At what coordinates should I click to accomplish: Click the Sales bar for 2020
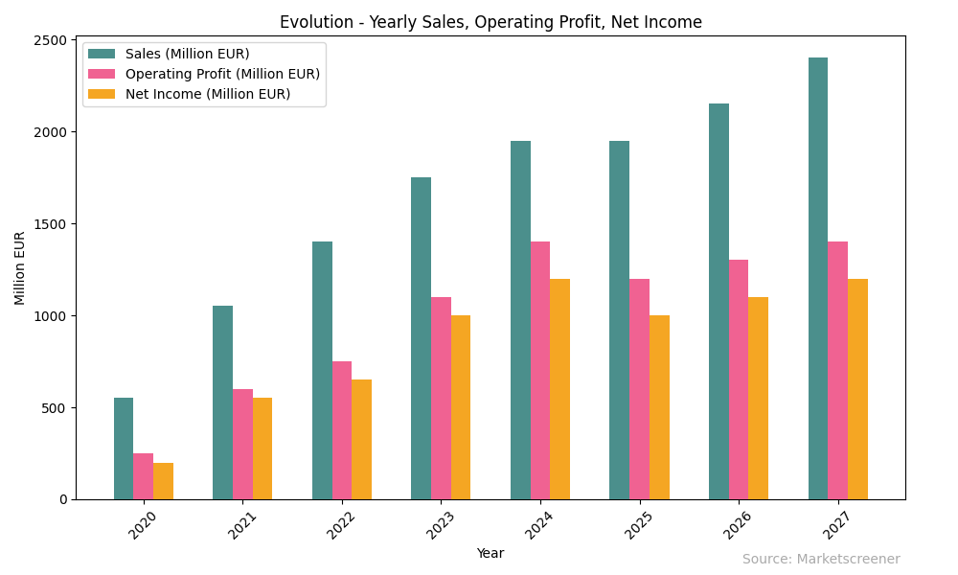click(124, 448)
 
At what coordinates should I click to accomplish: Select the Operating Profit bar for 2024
click(540, 371)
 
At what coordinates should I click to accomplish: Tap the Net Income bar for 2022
click(361, 439)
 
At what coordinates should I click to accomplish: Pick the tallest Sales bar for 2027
click(818, 278)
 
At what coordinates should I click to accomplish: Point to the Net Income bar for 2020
click(163, 481)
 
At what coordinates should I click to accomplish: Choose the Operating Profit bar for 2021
click(242, 444)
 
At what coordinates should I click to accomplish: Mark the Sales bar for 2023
click(422, 338)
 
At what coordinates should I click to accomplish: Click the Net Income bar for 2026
click(758, 398)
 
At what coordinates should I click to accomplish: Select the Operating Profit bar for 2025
click(639, 389)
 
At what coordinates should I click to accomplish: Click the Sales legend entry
click(187, 54)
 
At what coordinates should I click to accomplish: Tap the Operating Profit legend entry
click(222, 74)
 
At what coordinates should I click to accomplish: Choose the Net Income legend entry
click(208, 94)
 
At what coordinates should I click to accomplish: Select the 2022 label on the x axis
click(340, 525)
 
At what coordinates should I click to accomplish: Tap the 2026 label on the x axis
click(737, 525)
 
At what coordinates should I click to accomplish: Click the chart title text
click(490, 22)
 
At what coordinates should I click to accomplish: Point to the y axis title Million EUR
click(21, 267)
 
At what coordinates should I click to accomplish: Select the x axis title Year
click(490, 553)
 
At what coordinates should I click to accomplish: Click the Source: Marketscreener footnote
click(821, 560)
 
